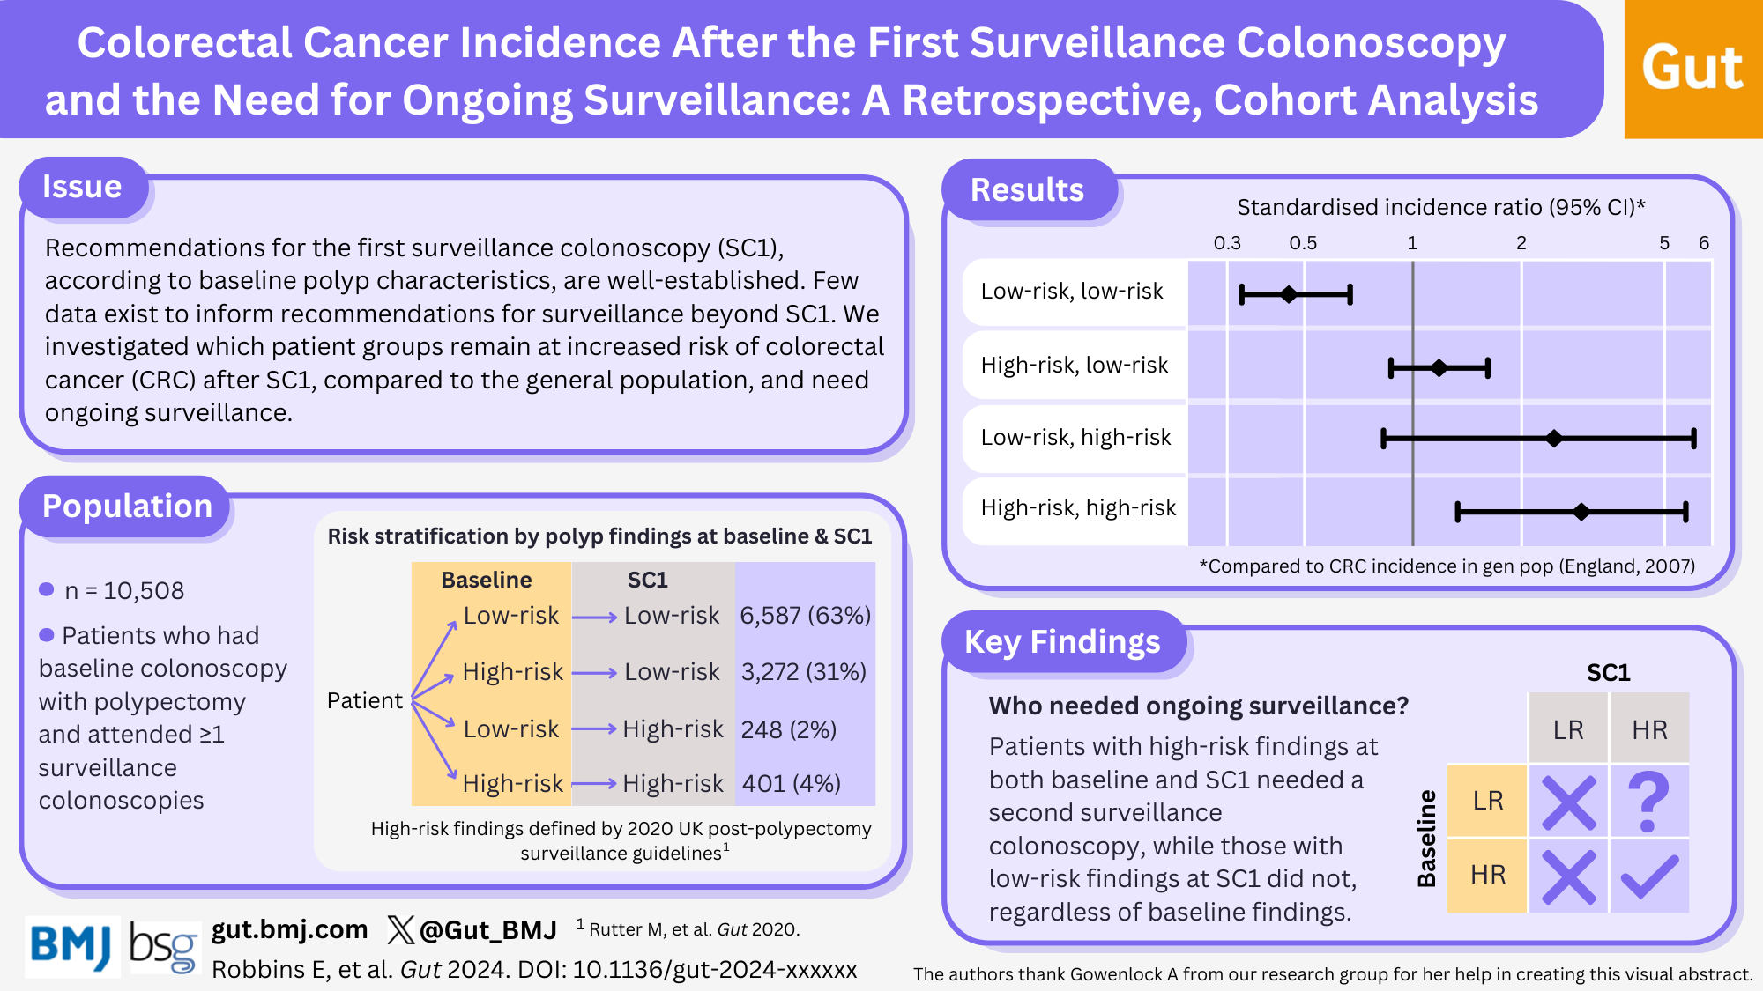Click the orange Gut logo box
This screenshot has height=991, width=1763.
(1692, 69)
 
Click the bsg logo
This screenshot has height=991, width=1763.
(165, 947)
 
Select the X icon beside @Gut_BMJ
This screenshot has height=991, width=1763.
(400, 929)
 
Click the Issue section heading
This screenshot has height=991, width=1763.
(82, 187)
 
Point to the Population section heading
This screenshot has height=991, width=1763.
(127, 507)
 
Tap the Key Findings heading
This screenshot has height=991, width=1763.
(1062, 642)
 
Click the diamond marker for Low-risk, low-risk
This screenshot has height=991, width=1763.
(1289, 294)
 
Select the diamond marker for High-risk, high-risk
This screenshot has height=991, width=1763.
(1581, 512)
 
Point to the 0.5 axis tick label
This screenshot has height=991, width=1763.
(1303, 243)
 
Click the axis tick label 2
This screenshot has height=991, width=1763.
(1521, 243)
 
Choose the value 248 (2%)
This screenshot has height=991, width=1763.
(789, 729)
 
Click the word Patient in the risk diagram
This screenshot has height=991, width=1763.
(365, 701)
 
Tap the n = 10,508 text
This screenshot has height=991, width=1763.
(124, 591)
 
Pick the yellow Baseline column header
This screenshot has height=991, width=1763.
(487, 580)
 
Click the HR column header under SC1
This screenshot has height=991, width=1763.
(1649, 730)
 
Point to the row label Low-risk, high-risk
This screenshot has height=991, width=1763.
(1075, 438)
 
